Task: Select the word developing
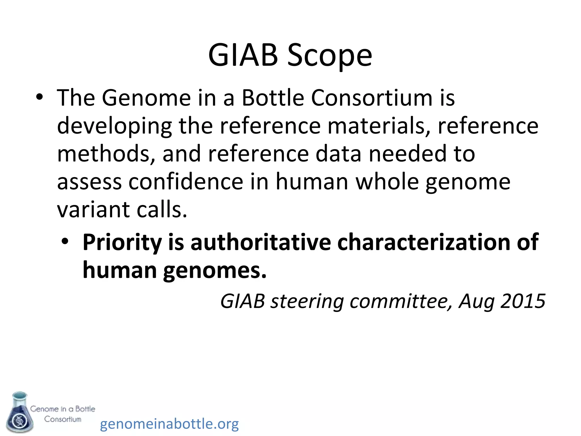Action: tap(114, 126)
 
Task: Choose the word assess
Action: tap(89, 182)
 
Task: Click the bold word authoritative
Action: tap(261, 242)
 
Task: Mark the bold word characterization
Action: tap(424, 242)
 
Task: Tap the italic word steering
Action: tap(307, 301)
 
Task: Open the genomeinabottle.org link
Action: tap(169, 424)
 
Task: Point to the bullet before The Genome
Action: tap(39, 97)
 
